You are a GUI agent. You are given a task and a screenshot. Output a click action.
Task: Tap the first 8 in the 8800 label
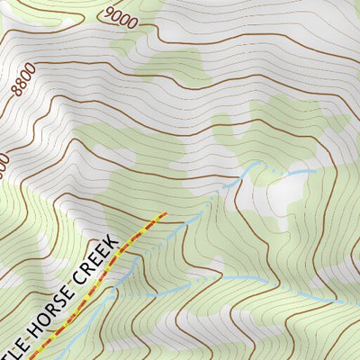tap(15, 93)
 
